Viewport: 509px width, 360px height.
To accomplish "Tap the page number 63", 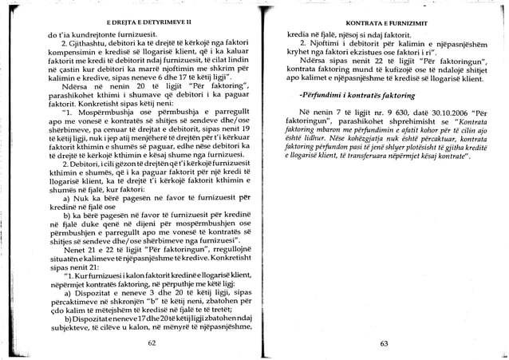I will pos(384,343).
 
